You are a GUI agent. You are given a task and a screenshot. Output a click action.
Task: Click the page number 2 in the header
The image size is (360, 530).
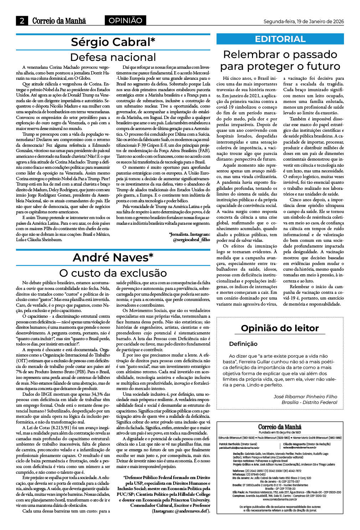pyautogui.click(x=22, y=21)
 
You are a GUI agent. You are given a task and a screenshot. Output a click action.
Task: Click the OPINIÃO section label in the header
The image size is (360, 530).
pyautogui.click(x=125, y=21)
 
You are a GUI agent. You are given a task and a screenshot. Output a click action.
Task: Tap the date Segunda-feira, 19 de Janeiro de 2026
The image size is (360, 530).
pyautogui.click(x=303, y=21)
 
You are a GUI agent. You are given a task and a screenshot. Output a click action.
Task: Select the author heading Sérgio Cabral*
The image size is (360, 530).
pyautogui.click(x=113, y=42)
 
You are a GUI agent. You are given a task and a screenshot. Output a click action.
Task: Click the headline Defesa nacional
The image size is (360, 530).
pyautogui.click(x=113, y=57)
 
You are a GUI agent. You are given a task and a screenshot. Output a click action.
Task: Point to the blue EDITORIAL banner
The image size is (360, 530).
pyautogui.click(x=280, y=39)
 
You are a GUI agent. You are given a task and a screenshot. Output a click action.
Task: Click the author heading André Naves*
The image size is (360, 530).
pyautogui.click(x=113, y=257)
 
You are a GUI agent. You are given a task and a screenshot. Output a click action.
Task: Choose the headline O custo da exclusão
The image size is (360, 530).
pyautogui.click(x=113, y=273)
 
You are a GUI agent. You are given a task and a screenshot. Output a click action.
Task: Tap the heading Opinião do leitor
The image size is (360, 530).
pyautogui.click(x=280, y=328)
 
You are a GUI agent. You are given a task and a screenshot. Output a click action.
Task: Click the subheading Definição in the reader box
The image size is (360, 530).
pyautogui.click(x=243, y=344)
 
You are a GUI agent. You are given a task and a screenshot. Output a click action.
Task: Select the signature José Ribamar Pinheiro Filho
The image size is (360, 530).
pyautogui.click(x=305, y=396)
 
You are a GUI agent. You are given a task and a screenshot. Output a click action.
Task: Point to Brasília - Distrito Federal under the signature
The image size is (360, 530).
pyautogui.click(x=309, y=402)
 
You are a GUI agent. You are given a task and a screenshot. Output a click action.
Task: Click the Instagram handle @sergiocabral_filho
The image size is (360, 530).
pyautogui.click(x=191, y=240)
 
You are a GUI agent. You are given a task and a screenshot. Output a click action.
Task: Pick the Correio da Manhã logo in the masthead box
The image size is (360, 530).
pyautogui.click(x=280, y=427)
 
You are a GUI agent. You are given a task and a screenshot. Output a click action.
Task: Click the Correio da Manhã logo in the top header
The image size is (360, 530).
pyautogui.click(x=59, y=21)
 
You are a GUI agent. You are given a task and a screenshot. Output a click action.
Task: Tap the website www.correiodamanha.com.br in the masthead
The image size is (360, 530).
pyautogui.click(x=280, y=499)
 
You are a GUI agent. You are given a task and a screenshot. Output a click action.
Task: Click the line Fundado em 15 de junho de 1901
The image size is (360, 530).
pyautogui.click(x=280, y=432)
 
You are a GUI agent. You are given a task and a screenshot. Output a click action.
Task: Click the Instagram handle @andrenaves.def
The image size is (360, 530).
pyautogui.click(x=190, y=511)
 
